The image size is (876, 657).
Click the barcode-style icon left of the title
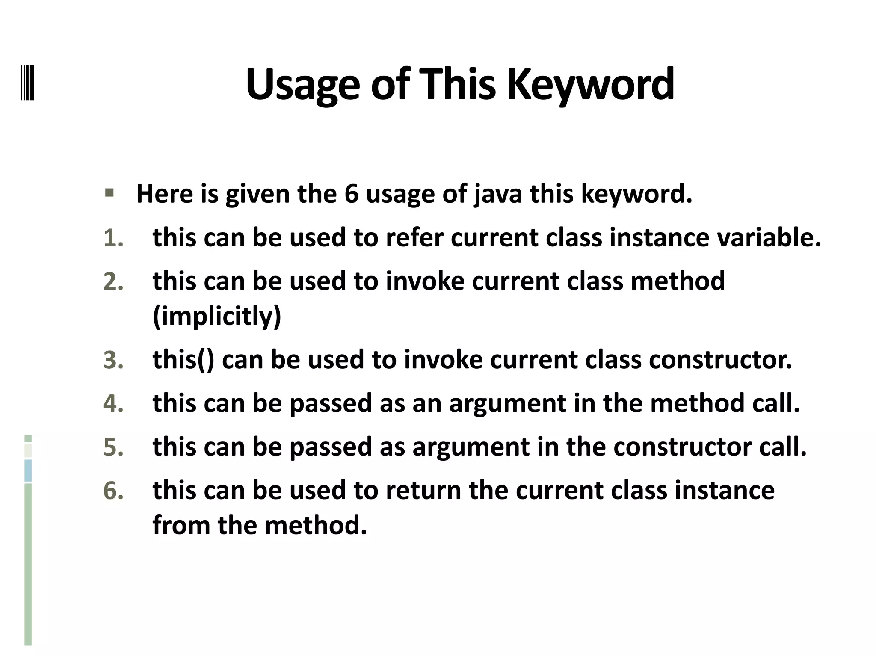28,83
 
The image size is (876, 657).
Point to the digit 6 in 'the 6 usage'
351,194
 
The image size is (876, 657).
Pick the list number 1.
113,238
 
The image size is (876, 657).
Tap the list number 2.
113,281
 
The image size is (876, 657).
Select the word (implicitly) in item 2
217,316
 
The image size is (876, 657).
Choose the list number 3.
113,360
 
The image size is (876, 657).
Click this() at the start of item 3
183,359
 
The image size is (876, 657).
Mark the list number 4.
113,403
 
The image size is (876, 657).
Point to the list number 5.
113,447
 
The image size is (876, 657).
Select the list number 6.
113,491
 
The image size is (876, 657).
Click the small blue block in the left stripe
28,471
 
